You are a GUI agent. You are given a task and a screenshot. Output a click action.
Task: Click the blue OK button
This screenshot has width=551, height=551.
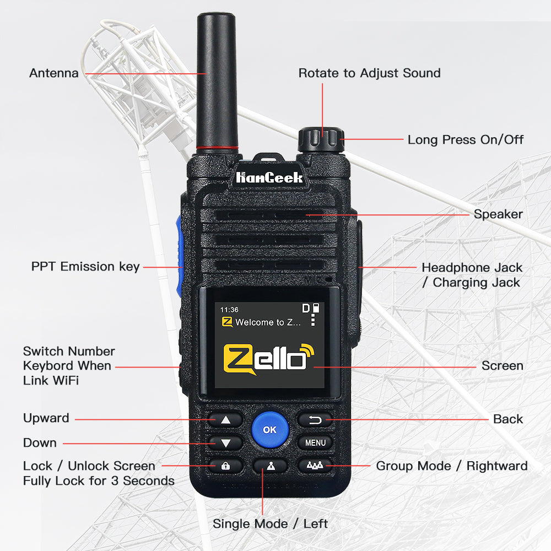[x=270, y=429]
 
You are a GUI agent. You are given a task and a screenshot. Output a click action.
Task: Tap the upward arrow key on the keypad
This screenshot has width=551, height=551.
[x=225, y=419]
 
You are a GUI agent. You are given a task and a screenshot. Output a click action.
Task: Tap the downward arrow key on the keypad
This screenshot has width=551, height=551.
[x=225, y=443]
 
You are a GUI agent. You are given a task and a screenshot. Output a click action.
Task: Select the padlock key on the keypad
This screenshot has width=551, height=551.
[x=225, y=466]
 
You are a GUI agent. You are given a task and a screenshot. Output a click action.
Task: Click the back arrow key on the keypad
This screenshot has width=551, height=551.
[x=315, y=419]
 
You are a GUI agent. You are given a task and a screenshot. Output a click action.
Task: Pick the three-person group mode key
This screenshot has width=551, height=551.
[x=315, y=466]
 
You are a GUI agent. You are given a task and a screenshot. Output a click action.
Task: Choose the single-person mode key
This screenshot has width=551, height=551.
[x=270, y=466]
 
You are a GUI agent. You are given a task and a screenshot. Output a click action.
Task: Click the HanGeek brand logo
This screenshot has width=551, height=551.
[x=269, y=177]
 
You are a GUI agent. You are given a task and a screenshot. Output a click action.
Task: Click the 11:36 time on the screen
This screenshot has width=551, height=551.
[x=229, y=310]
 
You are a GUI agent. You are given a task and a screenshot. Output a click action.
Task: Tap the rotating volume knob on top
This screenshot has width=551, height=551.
[x=321, y=140]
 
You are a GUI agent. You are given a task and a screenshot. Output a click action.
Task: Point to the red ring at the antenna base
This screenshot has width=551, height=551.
[x=217, y=148]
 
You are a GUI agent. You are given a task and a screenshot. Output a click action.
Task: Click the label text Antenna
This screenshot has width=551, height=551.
[x=54, y=73]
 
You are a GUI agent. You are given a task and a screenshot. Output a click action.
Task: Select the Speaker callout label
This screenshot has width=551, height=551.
[x=498, y=214]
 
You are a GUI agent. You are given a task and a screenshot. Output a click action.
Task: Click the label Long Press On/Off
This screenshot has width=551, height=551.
[x=465, y=139]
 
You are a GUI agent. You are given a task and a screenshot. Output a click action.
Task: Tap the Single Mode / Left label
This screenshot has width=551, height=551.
[x=270, y=523]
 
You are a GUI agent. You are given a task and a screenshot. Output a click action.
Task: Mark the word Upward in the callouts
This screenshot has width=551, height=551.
[x=46, y=418]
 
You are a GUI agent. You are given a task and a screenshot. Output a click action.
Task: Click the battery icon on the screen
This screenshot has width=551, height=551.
[x=316, y=308]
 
